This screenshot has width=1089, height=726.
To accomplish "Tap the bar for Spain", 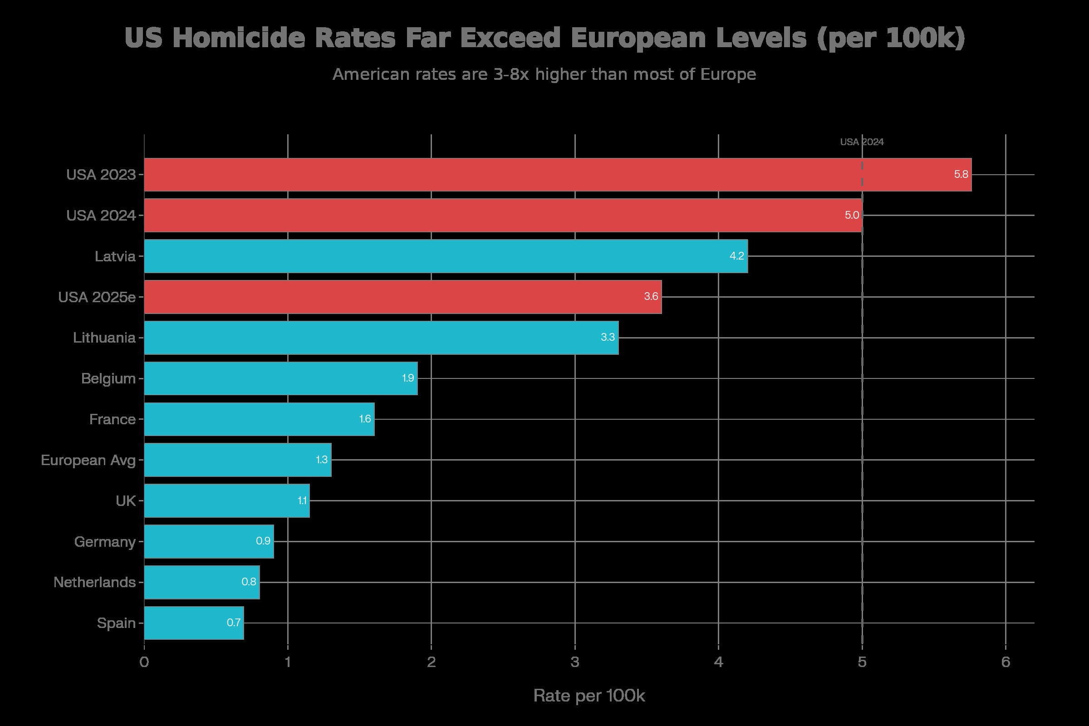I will point(194,623).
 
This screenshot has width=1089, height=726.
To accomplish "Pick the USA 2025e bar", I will point(403,297).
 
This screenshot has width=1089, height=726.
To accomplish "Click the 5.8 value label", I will point(961,175).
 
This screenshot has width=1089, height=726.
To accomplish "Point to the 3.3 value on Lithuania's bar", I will point(608,337).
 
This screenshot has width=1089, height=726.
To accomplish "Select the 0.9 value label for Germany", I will point(263,541).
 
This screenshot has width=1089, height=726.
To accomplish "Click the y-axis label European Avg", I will point(88,460).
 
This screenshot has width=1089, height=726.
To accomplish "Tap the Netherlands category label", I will point(94,582).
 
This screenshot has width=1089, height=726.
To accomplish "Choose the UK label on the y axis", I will point(126,501).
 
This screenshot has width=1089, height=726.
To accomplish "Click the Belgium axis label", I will point(108,379).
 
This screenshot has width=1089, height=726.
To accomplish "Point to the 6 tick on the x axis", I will point(1005,662).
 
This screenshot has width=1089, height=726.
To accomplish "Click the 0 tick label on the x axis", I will point(144,662).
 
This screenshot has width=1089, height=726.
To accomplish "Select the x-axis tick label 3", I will point(574,662).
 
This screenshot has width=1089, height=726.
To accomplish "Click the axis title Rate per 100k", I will point(589,696).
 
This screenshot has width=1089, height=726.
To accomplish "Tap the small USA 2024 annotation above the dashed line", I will point(862,142).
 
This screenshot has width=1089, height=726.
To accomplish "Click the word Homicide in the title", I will point(239,38).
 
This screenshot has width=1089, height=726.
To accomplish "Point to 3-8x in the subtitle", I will point(511,74).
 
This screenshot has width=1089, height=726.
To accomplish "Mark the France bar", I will point(259,419).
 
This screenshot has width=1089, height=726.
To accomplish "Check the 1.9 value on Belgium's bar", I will point(407,378).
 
